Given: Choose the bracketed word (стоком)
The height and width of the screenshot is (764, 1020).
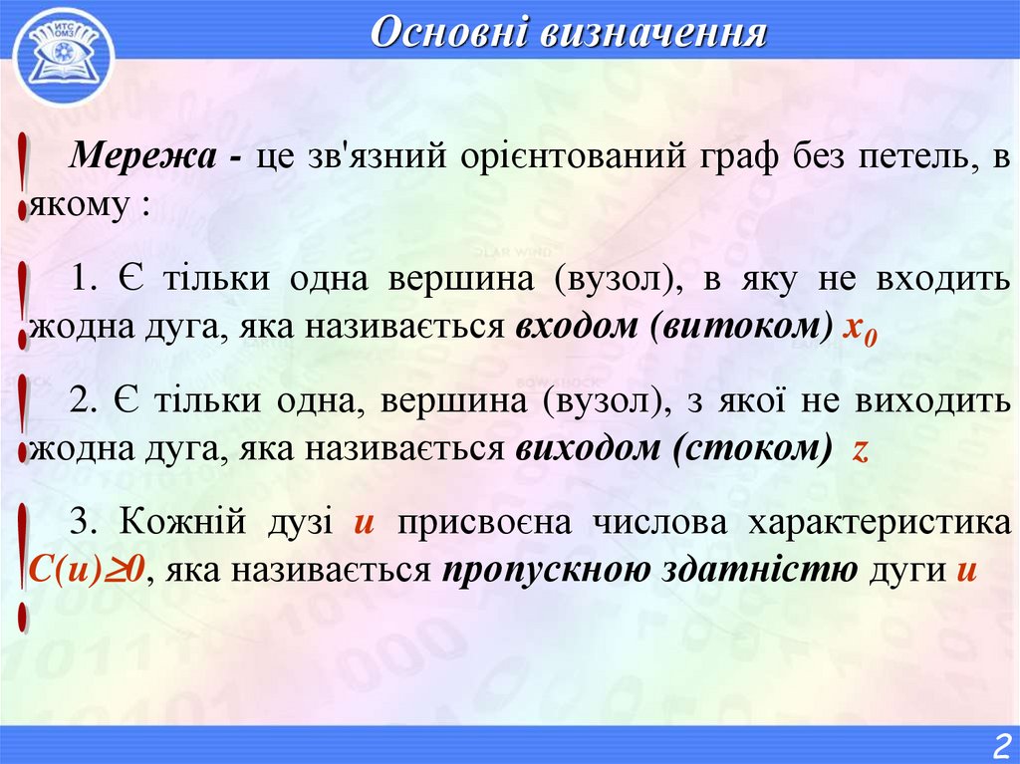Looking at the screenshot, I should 752,449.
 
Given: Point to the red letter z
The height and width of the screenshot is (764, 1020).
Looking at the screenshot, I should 862,450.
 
